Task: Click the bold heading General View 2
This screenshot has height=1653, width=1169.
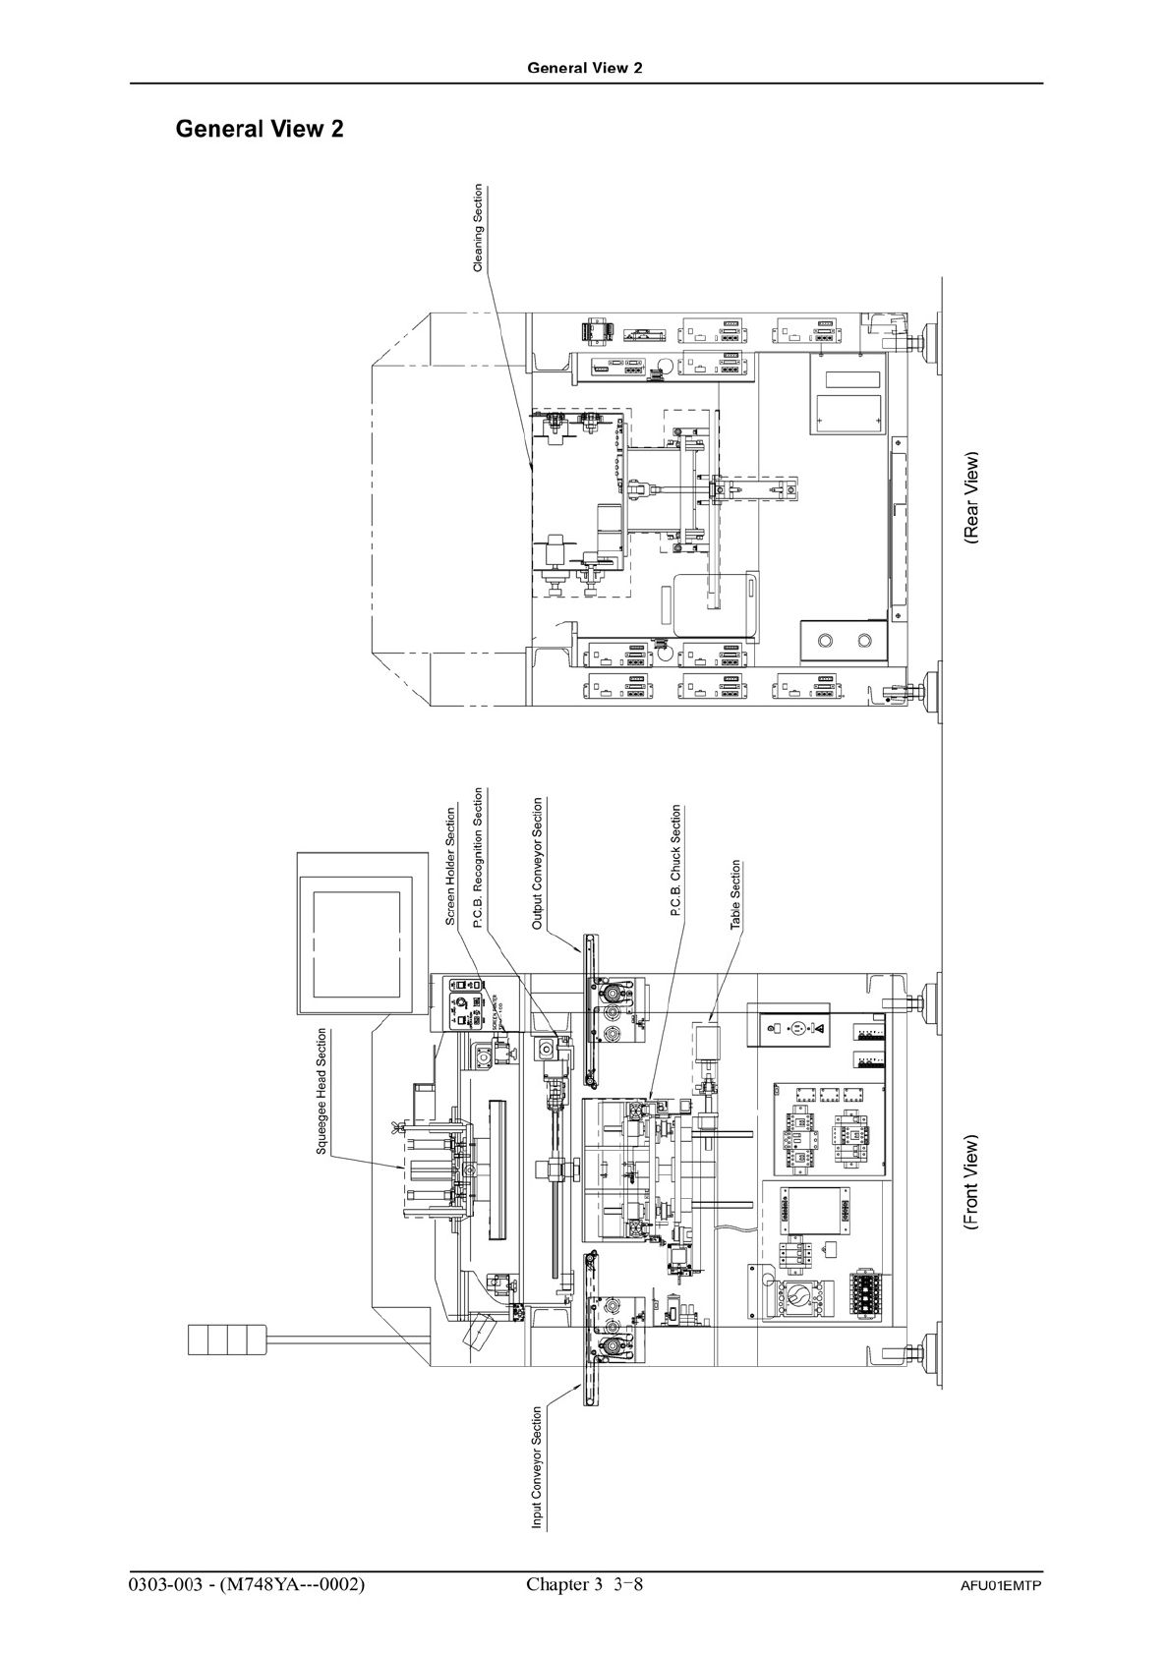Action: coord(260,129)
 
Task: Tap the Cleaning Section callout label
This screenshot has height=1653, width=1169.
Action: coord(479,228)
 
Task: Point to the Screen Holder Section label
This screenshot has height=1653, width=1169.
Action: coord(451,867)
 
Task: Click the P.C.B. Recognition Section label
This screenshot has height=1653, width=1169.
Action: coord(479,858)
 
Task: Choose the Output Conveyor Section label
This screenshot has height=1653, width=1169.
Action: coord(538,864)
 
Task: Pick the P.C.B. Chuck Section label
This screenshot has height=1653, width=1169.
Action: coord(675,861)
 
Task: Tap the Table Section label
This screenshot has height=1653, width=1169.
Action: coord(735,895)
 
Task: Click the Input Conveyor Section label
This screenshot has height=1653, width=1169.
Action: coord(538,1467)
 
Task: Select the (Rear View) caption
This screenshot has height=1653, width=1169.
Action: coord(972,498)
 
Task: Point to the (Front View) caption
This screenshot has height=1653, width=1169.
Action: coord(972,1183)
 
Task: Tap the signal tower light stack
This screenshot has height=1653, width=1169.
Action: coord(227,1339)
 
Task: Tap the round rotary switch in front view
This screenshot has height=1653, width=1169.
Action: coord(797,1299)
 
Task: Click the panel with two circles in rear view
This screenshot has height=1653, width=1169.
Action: coord(845,642)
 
